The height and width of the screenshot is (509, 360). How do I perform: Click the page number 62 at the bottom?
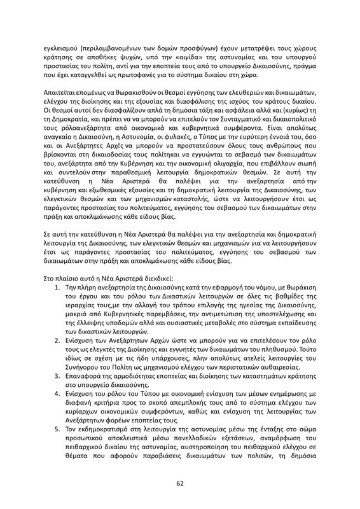180,483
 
